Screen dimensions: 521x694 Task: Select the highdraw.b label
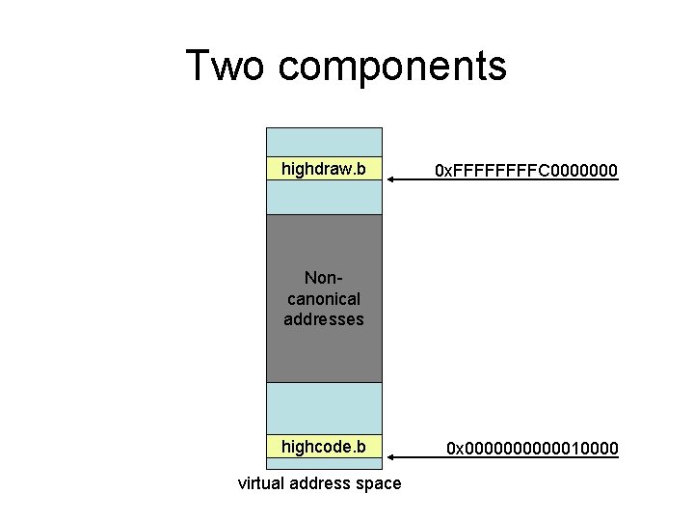click(x=323, y=170)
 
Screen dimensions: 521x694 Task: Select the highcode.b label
click(x=323, y=447)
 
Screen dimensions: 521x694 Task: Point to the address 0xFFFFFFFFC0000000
click(x=525, y=172)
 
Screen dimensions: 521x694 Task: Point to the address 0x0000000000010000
click(x=531, y=449)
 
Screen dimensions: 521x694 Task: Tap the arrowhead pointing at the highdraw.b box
click(x=387, y=180)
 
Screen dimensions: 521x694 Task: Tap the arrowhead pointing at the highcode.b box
click(x=387, y=456)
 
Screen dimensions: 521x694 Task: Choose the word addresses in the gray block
click(x=324, y=318)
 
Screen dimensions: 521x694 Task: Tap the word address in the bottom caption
click(x=324, y=483)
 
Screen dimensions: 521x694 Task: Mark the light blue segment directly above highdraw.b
click(x=324, y=142)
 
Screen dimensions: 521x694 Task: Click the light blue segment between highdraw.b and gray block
click(x=324, y=198)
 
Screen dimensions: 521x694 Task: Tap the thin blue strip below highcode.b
click(x=324, y=464)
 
